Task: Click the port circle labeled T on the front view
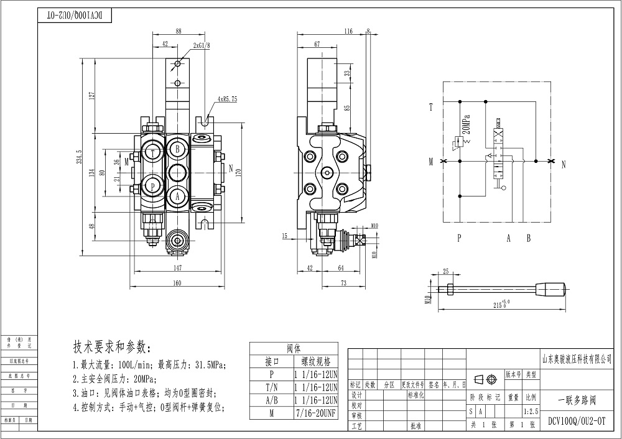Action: pos(151,152)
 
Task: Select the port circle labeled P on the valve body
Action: pos(151,185)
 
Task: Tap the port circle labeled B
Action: pos(177,149)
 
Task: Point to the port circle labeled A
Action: pos(177,195)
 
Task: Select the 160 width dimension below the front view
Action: pos(178,284)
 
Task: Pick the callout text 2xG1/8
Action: pos(201,45)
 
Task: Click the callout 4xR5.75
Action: pos(227,99)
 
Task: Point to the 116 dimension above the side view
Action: pos(348,31)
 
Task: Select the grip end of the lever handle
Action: pos(552,289)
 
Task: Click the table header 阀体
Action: pos(293,348)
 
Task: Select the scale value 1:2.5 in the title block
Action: pos(531,412)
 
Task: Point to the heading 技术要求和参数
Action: pos(112,346)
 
